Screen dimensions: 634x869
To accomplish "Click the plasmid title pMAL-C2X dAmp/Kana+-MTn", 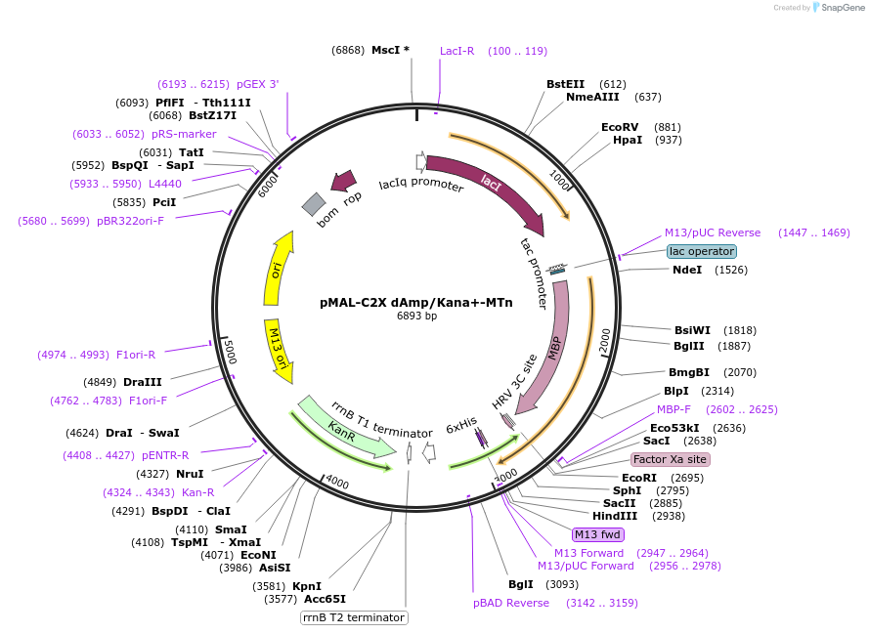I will pos(415,302).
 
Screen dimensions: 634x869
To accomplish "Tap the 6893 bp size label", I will pos(416,316).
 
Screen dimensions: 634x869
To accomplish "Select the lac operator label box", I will pos(702,251).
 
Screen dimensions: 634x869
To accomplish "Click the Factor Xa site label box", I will pos(671,459).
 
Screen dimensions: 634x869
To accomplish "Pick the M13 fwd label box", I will pos(598,534).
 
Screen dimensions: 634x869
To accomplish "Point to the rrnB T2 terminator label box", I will pos(353,617).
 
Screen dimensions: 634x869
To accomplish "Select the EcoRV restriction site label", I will pos(620,127).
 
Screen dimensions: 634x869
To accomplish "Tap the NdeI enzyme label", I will pos(686,270).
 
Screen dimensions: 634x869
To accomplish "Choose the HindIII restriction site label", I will pos(615,516).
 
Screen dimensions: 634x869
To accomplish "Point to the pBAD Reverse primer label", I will pos(511,603).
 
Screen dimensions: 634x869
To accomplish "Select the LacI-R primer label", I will pos(456,51).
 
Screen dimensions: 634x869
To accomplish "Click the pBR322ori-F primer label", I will pos(130,221).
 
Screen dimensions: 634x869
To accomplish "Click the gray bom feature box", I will pos(314,203).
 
